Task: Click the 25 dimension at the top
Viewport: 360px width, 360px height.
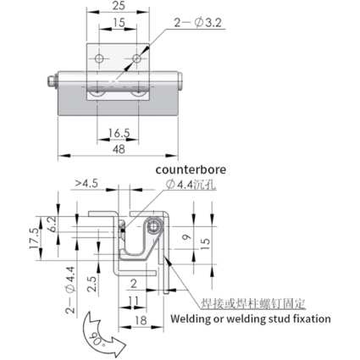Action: (x=119, y=6)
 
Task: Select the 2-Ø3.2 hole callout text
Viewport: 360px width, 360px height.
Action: (x=197, y=23)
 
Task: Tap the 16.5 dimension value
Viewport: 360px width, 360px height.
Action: (x=119, y=133)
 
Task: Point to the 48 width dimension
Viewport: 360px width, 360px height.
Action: (x=119, y=149)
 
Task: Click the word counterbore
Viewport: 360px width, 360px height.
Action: (x=191, y=169)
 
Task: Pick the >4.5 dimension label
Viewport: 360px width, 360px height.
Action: (x=86, y=183)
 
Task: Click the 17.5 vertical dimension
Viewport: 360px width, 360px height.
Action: (x=33, y=239)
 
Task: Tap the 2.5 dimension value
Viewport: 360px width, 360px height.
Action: (x=91, y=284)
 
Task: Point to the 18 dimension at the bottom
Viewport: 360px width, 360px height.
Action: (x=141, y=320)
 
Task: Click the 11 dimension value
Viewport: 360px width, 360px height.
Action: (x=133, y=301)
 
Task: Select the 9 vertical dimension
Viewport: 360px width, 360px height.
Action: (x=186, y=237)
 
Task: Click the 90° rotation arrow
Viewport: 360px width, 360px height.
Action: (x=102, y=335)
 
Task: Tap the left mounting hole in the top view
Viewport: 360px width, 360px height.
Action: (x=99, y=58)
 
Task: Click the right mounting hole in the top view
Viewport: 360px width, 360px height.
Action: (x=137, y=58)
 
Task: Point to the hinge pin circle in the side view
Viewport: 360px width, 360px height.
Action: (x=154, y=227)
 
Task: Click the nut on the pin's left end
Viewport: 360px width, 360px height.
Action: (x=51, y=81)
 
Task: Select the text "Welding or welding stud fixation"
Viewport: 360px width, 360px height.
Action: (x=251, y=318)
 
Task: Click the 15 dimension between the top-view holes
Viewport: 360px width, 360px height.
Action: (x=119, y=23)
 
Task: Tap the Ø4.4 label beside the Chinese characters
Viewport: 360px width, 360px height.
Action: (x=180, y=185)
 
